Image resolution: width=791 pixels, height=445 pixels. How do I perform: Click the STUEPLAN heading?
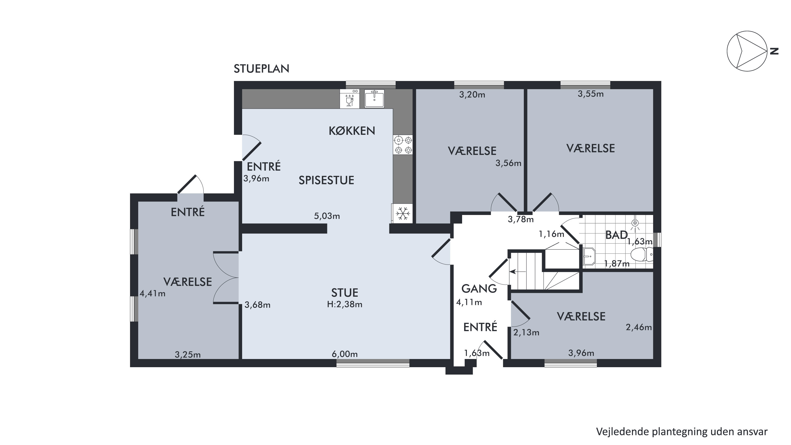[x=261, y=69]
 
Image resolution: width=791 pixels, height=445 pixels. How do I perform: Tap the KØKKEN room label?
[x=352, y=131]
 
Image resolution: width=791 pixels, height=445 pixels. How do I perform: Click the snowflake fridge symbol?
[x=402, y=213]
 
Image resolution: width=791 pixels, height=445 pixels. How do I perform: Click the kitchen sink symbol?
[x=374, y=98]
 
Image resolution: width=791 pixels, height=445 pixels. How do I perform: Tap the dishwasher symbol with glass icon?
[x=349, y=98]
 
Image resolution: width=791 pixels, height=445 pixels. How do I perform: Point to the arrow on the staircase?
[x=517, y=271]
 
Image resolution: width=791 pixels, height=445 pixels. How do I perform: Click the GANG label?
[x=479, y=289]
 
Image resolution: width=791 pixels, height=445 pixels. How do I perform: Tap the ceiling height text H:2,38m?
[x=344, y=304]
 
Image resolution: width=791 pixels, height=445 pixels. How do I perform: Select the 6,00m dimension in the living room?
[x=344, y=354]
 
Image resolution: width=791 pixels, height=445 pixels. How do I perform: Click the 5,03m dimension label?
[x=327, y=216]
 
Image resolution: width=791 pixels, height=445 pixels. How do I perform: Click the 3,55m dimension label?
[x=591, y=94]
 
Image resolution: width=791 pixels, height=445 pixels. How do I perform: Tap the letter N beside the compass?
[x=774, y=51]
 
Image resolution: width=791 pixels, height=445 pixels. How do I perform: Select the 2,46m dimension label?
[x=639, y=327]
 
